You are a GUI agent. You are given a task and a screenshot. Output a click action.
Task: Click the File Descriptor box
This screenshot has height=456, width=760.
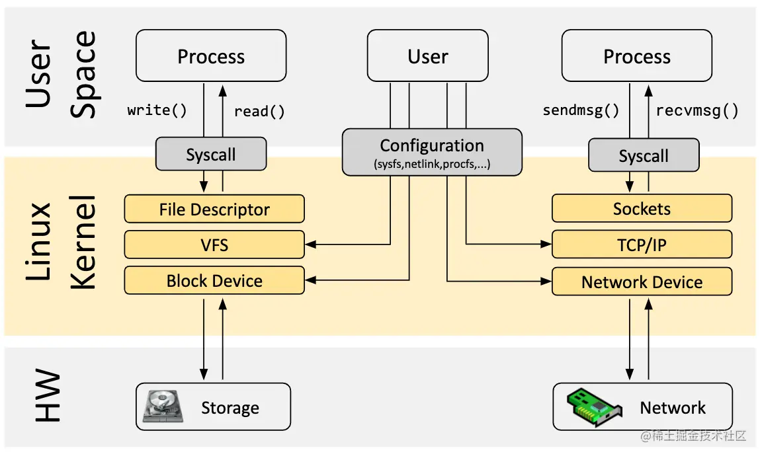click(214, 209)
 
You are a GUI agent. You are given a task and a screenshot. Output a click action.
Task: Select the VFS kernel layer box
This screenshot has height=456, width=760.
click(214, 245)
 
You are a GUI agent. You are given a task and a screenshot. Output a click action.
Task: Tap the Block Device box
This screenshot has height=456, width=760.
click(214, 281)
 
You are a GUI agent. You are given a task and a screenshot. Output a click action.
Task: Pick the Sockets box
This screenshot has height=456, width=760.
click(642, 209)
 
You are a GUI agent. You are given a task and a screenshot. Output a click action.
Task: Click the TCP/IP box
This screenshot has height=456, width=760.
click(642, 245)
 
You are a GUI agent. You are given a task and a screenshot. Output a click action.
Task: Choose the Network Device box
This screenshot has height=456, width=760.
click(642, 282)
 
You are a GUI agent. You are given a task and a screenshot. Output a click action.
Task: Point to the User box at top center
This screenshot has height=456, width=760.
click(428, 56)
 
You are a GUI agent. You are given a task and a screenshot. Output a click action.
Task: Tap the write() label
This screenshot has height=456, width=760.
click(157, 110)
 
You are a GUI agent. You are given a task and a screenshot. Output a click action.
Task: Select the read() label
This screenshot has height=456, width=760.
click(259, 111)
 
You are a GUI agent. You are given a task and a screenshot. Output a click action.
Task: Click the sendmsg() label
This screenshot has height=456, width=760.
click(581, 110)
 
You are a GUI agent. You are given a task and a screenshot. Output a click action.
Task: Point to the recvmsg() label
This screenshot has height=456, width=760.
click(697, 110)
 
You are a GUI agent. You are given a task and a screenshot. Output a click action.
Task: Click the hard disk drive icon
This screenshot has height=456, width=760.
click(159, 406)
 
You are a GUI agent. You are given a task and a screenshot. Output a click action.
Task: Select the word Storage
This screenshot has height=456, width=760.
click(230, 408)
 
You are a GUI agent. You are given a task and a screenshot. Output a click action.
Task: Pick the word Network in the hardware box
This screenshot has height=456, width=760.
click(673, 408)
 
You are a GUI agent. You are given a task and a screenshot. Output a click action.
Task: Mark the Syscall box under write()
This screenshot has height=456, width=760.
click(211, 155)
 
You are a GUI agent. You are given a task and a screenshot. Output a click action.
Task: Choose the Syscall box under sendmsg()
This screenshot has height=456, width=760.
click(643, 156)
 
